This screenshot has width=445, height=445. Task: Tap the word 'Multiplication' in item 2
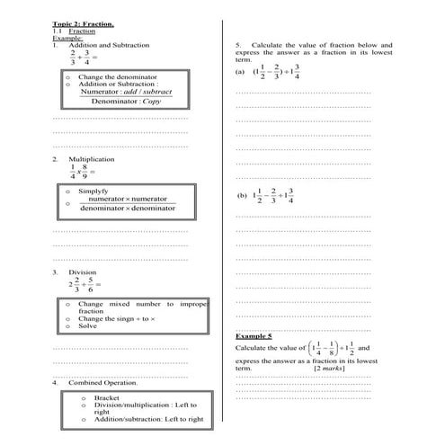click(92, 158)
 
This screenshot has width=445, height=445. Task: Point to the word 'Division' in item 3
click(83, 271)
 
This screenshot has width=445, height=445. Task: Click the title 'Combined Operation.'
click(103, 383)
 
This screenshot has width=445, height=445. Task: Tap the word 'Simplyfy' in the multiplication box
click(93, 191)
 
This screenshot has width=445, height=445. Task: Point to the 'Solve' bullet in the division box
click(87, 325)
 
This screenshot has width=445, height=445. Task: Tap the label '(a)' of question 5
click(240, 72)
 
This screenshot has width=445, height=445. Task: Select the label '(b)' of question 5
click(242, 194)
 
